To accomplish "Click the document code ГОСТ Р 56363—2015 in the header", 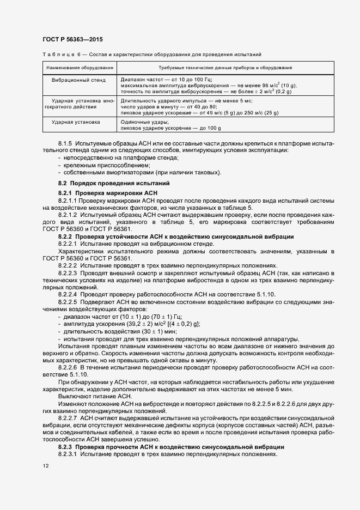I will tap(72, 40).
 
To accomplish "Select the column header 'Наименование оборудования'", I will tap(80, 68).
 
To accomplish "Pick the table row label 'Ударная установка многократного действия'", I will tap(80, 104).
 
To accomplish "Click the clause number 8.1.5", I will tap(65, 142).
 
